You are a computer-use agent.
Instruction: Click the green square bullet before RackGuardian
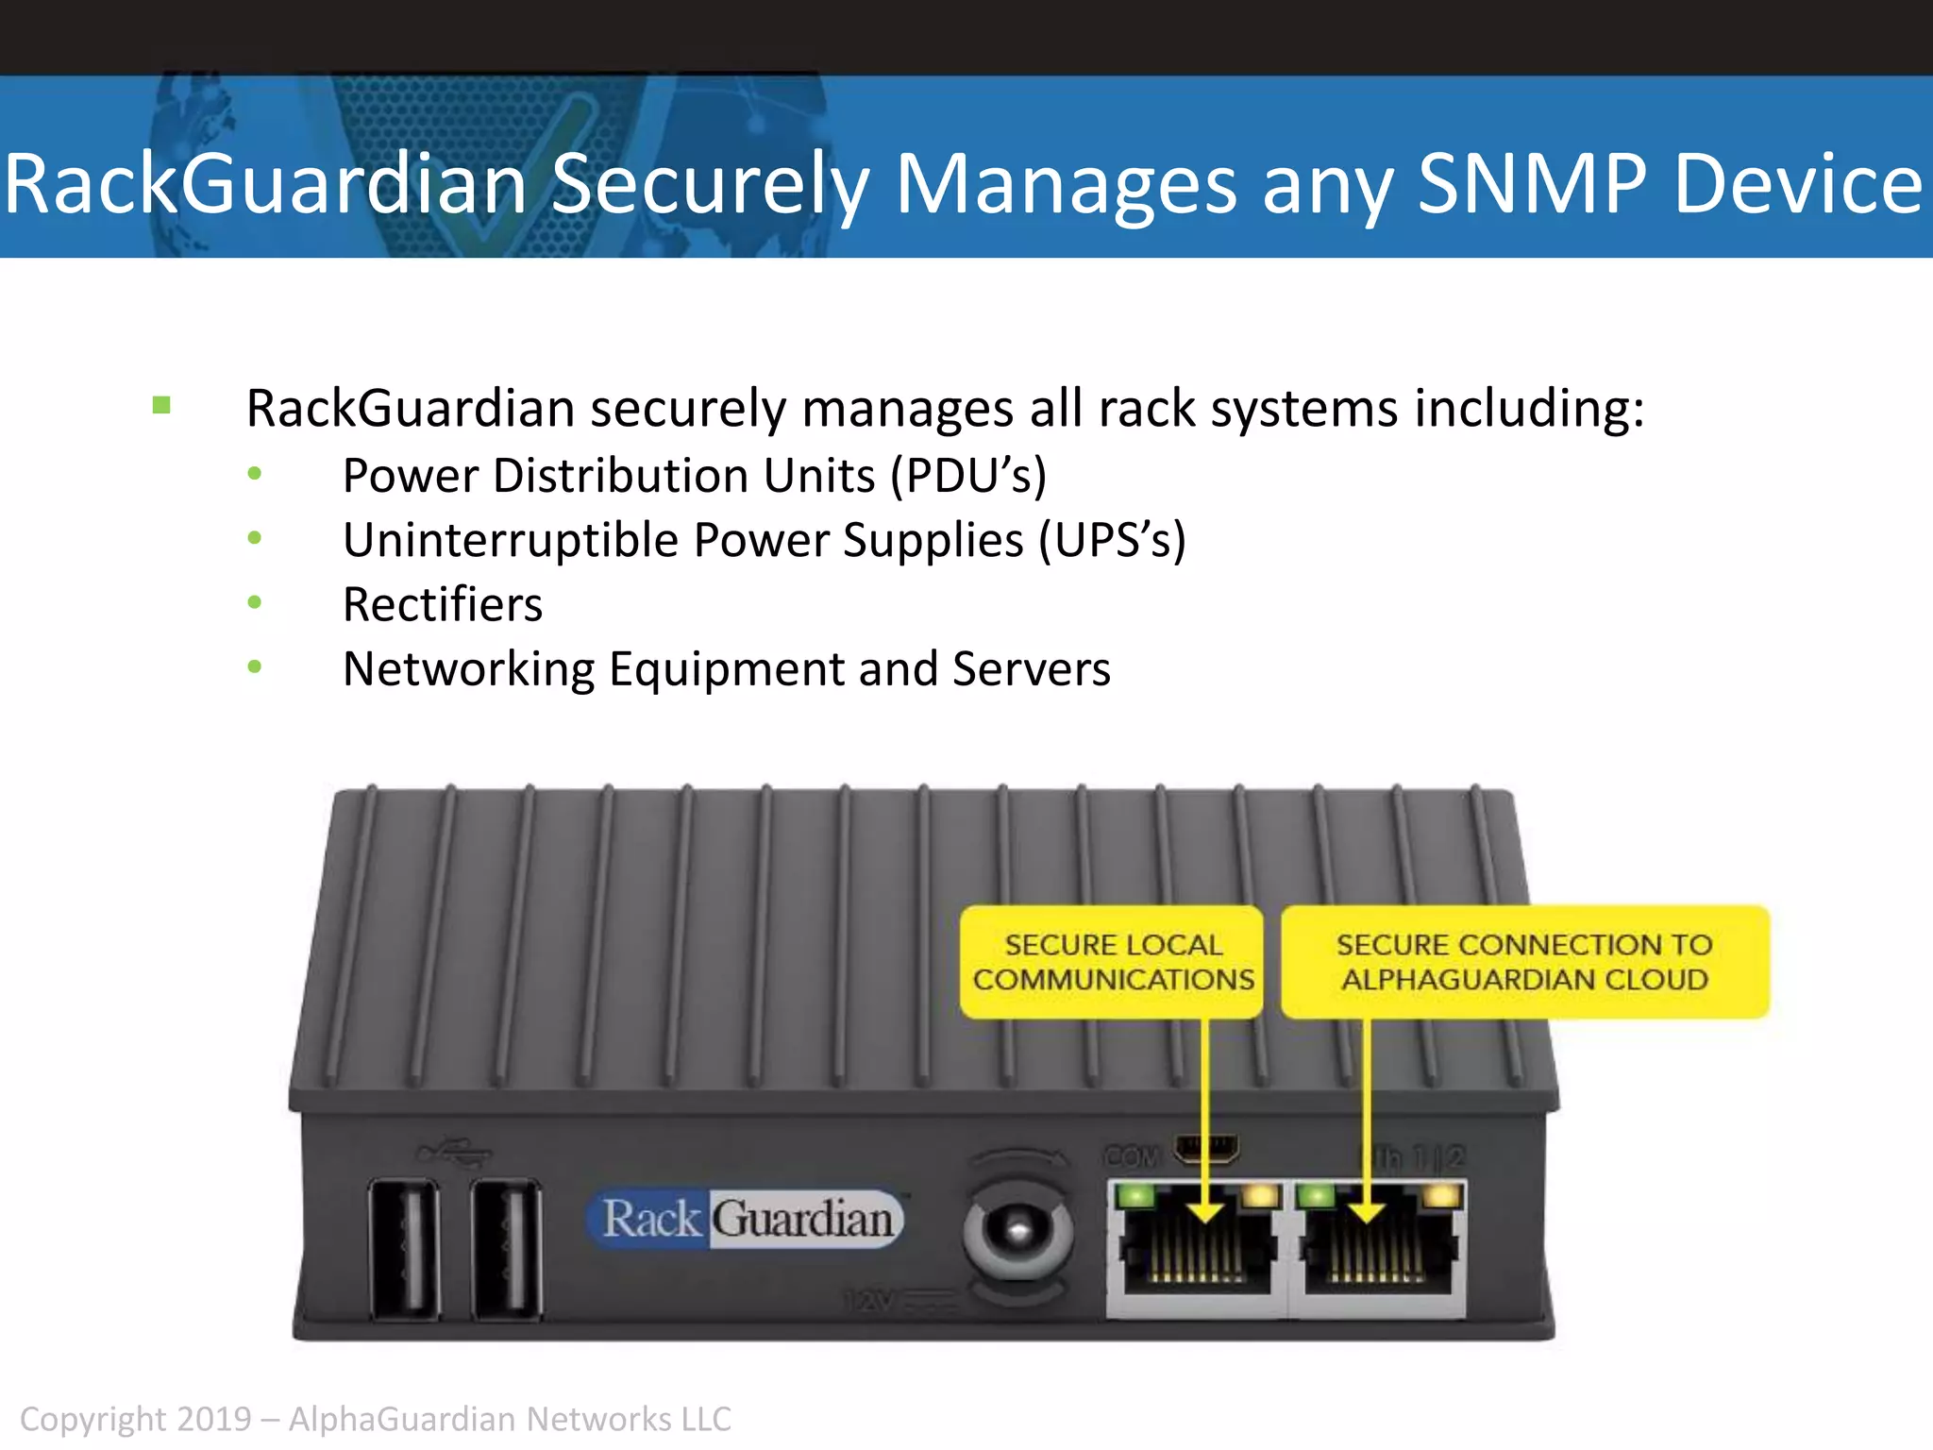(x=161, y=406)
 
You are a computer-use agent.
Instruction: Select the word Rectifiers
(x=443, y=605)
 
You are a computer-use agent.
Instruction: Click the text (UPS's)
(x=1112, y=541)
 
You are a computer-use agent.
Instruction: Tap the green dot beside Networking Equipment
(x=254, y=667)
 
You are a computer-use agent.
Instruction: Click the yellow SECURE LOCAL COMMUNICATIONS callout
(x=1112, y=962)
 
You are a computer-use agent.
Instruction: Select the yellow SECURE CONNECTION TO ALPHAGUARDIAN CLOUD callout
(x=1524, y=962)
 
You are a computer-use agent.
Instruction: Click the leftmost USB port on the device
(x=404, y=1248)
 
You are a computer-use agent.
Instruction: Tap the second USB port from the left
(x=507, y=1248)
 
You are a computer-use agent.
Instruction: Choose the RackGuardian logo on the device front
(x=745, y=1219)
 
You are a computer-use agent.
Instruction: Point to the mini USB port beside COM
(x=1205, y=1149)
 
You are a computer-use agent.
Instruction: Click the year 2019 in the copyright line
(x=214, y=1420)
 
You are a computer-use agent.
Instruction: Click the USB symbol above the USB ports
(x=455, y=1152)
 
